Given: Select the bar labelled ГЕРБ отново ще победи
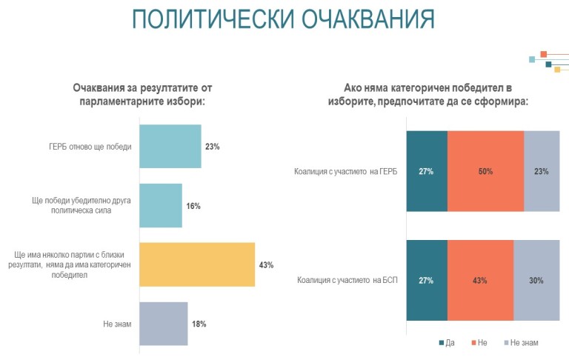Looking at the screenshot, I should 170,147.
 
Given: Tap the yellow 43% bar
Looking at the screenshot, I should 197,264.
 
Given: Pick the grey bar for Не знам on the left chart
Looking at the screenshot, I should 164,324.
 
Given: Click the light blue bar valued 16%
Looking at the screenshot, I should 161,205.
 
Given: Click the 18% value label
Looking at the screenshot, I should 199,324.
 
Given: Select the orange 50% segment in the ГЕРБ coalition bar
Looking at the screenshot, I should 485,172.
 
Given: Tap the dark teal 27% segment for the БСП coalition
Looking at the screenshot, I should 426,281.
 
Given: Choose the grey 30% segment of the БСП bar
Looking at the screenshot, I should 536,281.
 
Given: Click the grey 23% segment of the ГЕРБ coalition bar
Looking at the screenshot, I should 541,172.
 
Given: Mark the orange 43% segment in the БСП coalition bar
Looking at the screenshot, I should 480,281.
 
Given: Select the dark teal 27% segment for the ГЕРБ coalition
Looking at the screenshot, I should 426,172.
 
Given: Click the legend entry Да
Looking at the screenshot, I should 447,342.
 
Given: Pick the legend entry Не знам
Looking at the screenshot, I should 524,342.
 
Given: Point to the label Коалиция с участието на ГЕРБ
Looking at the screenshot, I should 345,172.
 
